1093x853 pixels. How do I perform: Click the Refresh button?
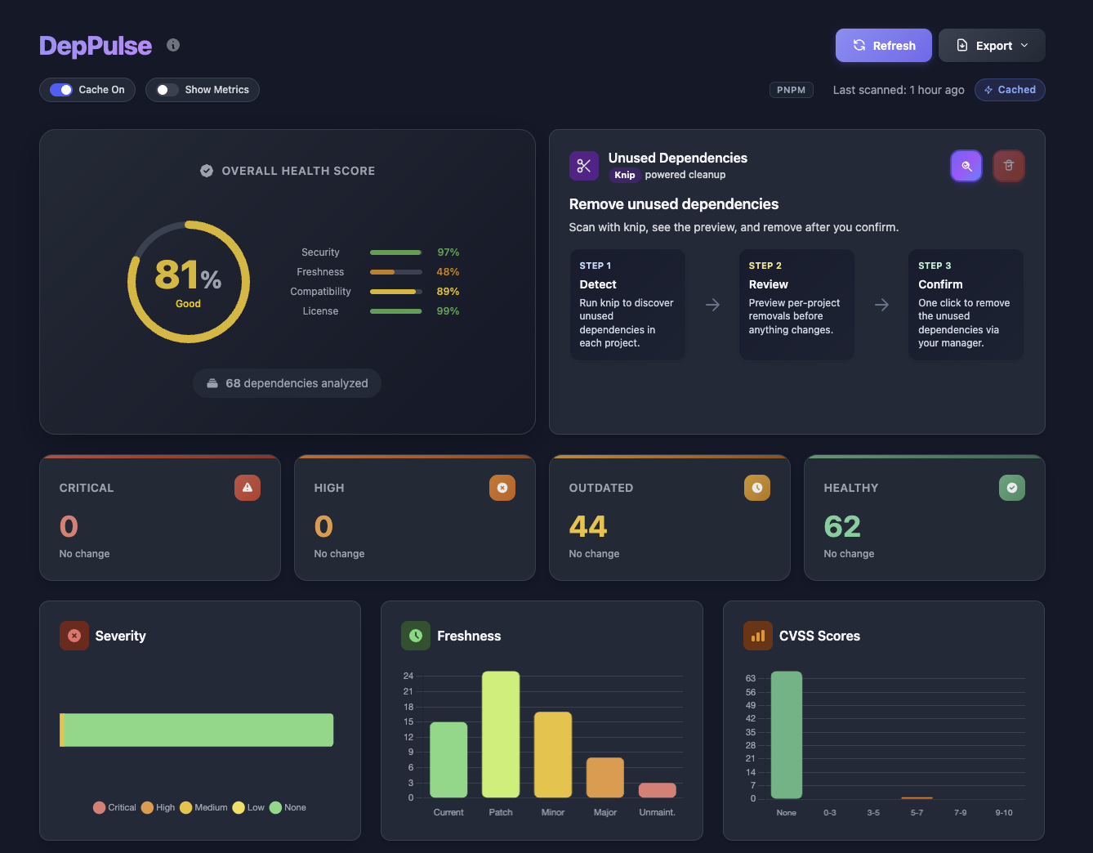[883, 46]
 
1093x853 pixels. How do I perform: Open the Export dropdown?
[992, 46]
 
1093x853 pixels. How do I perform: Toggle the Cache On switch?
[62, 90]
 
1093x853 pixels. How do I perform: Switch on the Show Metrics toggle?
[167, 90]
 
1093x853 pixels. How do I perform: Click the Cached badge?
[1010, 90]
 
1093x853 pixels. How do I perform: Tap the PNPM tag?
[791, 90]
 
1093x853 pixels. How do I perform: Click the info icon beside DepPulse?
[173, 45]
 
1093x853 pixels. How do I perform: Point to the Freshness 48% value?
[448, 272]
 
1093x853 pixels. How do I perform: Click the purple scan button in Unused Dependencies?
[966, 166]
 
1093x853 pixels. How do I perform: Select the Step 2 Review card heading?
[768, 284]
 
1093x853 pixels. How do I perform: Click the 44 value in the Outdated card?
[588, 527]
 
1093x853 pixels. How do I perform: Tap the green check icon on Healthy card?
[1011, 488]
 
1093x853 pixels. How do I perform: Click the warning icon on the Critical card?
[248, 488]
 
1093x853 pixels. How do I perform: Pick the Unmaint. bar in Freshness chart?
[657, 790]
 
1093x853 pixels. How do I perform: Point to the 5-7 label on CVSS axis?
[917, 812]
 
